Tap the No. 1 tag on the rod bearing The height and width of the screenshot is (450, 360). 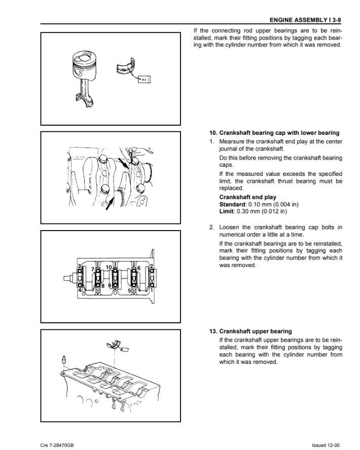click(x=143, y=79)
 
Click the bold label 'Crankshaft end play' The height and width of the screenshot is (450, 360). click(x=247, y=197)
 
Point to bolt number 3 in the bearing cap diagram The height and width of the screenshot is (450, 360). click(x=80, y=267)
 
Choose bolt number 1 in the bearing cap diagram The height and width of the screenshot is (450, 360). click(x=152, y=290)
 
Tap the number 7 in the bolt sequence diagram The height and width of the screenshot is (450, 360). click(x=92, y=269)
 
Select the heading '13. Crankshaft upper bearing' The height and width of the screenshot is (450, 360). click(x=250, y=331)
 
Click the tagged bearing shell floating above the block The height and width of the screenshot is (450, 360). click(x=116, y=345)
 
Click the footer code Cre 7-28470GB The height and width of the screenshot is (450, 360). click(x=58, y=444)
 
